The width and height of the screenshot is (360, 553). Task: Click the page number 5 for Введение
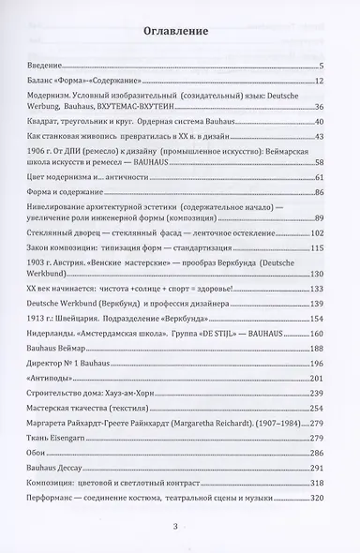pyautogui.click(x=321, y=66)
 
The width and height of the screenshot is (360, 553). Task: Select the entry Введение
pyautogui.click(x=46, y=66)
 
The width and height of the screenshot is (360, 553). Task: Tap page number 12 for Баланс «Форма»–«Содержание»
pyautogui.click(x=319, y=82)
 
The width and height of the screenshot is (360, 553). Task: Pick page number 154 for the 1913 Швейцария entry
pyautogui.click(x=317, y=320)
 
